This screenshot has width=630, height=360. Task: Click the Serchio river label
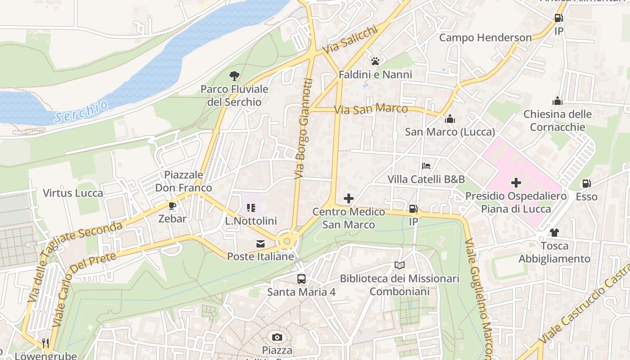(81, 111)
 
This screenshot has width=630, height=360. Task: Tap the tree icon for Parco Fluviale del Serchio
(234, 76)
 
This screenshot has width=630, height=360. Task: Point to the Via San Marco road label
(371, 109)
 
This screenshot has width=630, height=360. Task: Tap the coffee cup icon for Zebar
(172, 206)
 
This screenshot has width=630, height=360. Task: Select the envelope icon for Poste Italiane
(261, 244)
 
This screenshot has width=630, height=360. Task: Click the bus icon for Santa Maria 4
(301, 279)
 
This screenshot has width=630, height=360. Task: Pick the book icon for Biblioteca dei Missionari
(400, 265)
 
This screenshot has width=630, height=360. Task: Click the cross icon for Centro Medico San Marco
(349, 198)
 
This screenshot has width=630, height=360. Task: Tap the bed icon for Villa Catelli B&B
(426, 166)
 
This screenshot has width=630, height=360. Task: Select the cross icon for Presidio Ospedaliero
(516, 183)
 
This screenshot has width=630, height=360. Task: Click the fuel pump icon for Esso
(586, 184)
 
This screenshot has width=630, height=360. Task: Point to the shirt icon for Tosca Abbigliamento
(554, 233)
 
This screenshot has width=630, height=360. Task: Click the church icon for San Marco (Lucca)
(450, 119)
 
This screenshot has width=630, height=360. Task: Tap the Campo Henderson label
(485, 38)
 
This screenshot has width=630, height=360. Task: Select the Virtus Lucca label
(73, 193)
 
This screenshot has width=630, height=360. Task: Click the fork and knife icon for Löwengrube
(45, 343)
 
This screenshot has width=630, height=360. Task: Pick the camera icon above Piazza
(277, 337)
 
